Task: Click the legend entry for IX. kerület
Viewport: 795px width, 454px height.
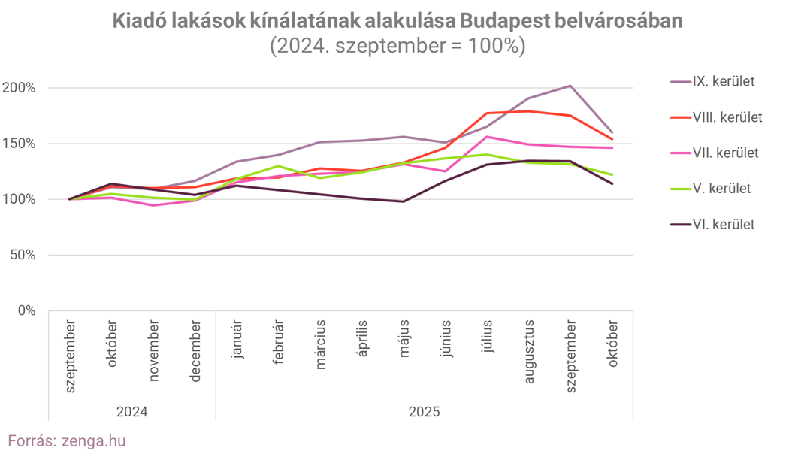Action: click(723, 81)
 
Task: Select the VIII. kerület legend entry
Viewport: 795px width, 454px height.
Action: click(726, 117)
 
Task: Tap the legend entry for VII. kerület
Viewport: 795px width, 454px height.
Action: click(724, 153)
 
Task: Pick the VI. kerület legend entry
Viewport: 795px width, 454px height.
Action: click(723, 224)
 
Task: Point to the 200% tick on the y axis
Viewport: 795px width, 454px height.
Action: click(19, 88)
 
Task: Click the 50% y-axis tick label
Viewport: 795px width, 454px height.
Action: click(22, 255)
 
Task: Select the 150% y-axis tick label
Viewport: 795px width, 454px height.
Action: click(19, 144)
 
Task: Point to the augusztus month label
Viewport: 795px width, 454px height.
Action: click(529, 351)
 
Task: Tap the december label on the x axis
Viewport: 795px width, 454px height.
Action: click(195, 350)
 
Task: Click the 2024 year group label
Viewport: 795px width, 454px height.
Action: click(132, 412)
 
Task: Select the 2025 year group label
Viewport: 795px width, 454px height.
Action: click(425, 412)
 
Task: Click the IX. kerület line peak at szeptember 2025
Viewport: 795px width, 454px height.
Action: click(570, 86)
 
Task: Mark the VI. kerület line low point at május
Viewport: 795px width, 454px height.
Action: click(404, 201)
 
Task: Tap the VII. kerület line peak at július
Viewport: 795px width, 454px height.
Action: click(487, 137)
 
